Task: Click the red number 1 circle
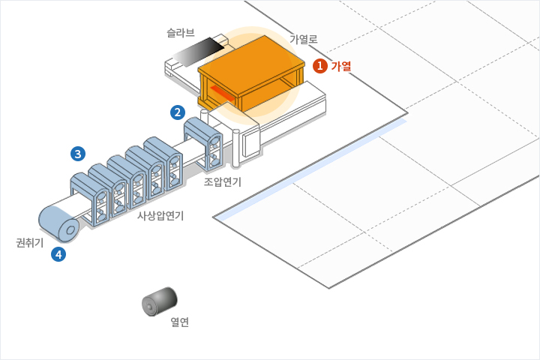320,66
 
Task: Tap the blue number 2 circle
178,113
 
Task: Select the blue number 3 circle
77,154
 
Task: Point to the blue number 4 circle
58,254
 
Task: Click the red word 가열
341,66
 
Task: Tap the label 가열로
304,39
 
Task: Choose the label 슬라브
181,33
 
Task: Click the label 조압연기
223,181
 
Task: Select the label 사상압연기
160,215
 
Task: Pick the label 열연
179,322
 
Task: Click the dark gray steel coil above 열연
159,302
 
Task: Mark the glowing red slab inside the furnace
223,94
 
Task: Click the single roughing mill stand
204,138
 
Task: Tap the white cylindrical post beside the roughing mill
236,148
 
